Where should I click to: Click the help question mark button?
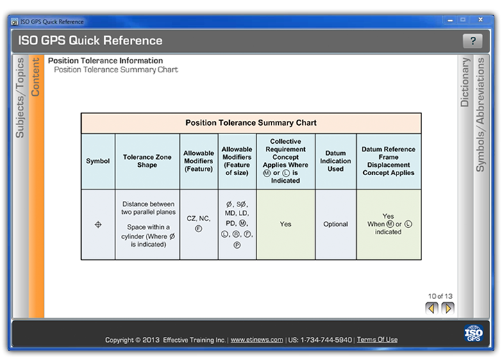click(472, 41)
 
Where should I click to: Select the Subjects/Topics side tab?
click(20, 97)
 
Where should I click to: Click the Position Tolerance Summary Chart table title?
click(251, 123)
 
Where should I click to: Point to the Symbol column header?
click(98, 161)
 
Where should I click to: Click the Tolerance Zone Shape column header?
click(147, 161)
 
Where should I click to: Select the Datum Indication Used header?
click(335, 161)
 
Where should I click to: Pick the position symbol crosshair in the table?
click(98, 224)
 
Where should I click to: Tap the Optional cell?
click(335, 224)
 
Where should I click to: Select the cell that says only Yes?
click(285, 224)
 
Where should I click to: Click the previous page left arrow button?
click(432, 308)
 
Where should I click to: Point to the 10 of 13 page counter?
click(440, 296)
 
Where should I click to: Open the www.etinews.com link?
click(257, 340)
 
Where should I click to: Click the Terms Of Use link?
click(377, 340)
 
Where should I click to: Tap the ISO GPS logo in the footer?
click(474, 334)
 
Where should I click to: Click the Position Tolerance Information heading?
click(106, 61)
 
